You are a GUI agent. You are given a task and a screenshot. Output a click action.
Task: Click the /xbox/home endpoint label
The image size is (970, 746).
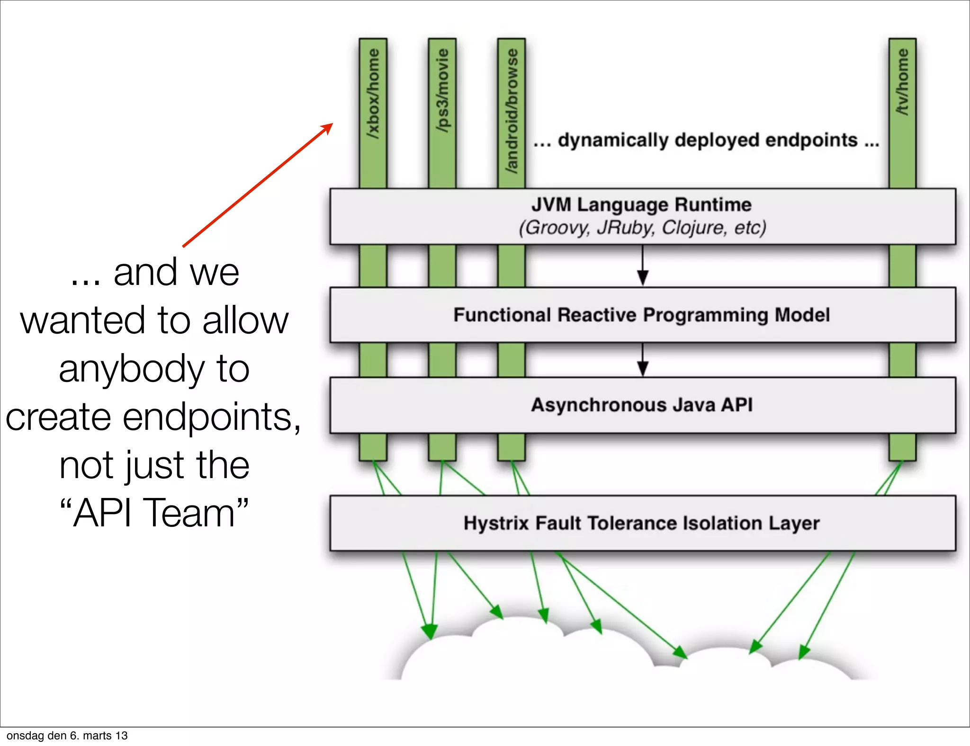click(373, 94)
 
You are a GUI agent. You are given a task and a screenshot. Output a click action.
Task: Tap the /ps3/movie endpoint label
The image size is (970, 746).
click(442, 90)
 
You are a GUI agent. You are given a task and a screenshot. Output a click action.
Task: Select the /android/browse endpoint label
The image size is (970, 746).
click(512, 111)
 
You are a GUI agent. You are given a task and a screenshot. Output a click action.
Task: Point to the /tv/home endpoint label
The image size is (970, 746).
click(902, 81)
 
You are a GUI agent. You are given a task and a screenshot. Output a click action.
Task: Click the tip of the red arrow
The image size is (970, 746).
click(332, 124)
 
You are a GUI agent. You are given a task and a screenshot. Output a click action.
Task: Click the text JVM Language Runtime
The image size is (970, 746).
click(641, 205)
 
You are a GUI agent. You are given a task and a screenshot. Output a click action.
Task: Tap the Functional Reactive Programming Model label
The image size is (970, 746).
click(641, 315)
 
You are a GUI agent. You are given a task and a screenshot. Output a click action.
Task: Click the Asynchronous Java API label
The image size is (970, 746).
click(641, 405)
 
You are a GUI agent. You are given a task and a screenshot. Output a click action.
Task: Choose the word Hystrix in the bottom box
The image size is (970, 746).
click(495, 524)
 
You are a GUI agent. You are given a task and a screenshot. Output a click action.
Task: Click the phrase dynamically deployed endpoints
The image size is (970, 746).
click(707, 141)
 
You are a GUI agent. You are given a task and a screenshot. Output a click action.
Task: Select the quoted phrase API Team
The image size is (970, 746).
click(154, 513)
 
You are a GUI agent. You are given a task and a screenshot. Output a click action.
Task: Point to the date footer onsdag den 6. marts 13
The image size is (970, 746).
click(67, 736)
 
